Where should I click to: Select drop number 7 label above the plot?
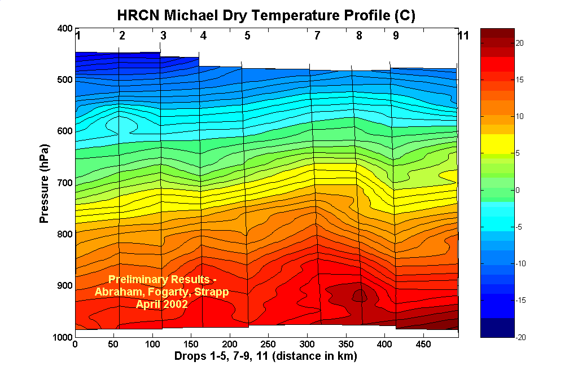317,36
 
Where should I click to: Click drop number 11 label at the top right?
463,36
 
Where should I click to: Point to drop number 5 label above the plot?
247,36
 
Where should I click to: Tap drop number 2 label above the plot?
122,36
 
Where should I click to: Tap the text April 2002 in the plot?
162,303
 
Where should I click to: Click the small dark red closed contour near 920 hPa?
358,294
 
